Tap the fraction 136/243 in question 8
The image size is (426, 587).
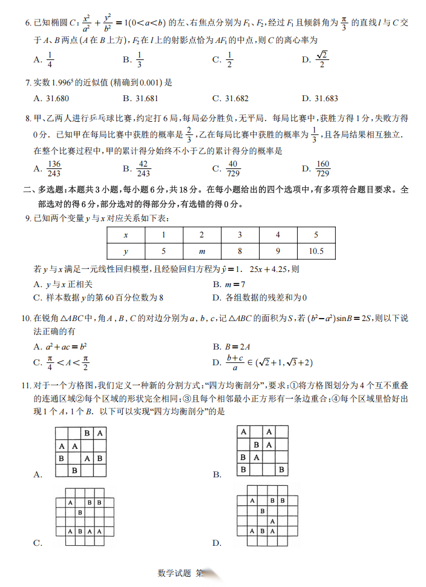[x=54, y=168]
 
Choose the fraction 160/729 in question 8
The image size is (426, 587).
[x=323, y=168]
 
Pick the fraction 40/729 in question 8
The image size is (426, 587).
[x=233, y=168]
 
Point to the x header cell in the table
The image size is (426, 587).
[x=125, y=235]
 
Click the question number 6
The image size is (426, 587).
[x=27, y=23]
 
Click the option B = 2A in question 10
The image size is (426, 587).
[x=233, y=346]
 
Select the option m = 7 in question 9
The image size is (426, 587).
[x=233, y=284]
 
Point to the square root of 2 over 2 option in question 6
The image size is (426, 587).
[x=323, y=59]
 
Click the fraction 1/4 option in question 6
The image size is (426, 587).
[x=50, y=59]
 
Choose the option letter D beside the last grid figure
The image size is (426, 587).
[x=216, y=542]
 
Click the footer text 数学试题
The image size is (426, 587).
[x=174, y=572]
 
